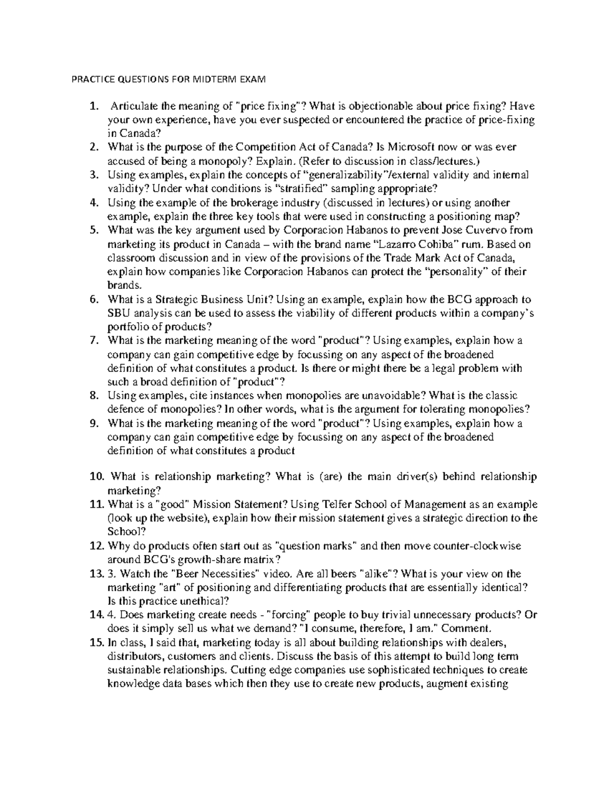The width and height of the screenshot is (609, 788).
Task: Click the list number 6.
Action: click(x=93, y=299)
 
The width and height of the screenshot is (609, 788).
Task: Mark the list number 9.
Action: click(x=93, y=423)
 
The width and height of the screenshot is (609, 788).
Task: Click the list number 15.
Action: click(x=96, y=642)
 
